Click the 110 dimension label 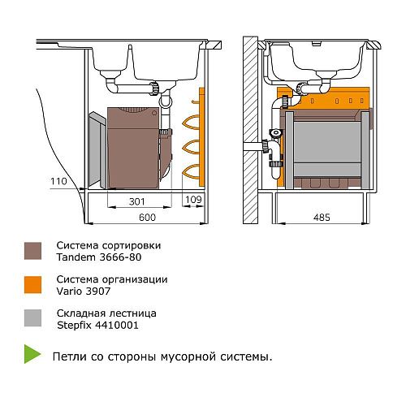[x=58, y=181]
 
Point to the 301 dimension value [x=137, y=201]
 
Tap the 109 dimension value [x=193, y=200]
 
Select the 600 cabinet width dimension [x=147, y=217]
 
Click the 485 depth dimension [x=322, y=217]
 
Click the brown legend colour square [x=32, y=251]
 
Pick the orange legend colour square [x=32, y=285]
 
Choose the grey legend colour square [x=32, y=318]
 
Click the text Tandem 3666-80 [x=99, y=257]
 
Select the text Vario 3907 [x=84, y=292]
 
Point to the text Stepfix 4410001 [x=97, y=325]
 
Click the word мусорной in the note [x=188, y=356]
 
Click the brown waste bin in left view [x=133, y=148]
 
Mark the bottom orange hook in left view [x=192, y=171]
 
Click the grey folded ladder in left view [x=98, y=149]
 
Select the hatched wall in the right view [x=250, y=130]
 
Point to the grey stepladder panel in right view [x=327, y=149]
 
